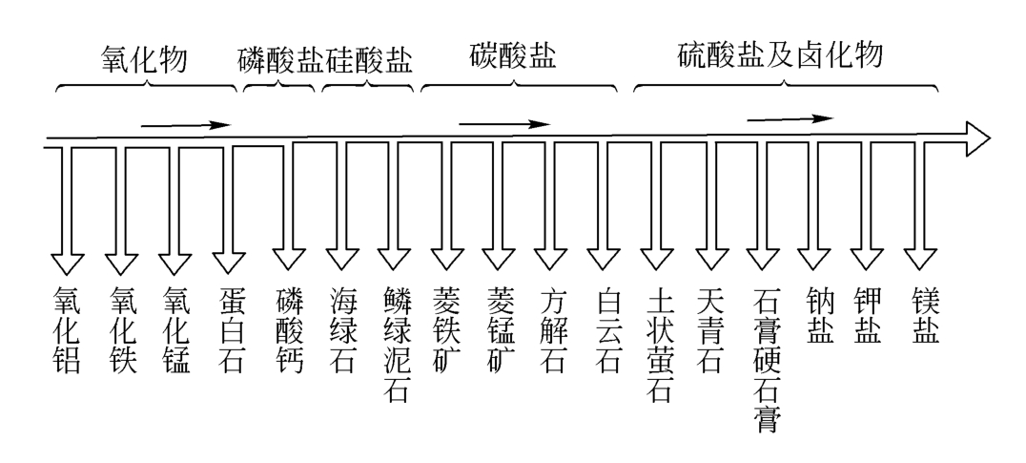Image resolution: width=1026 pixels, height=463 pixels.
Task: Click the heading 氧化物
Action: click(x=144, y=60)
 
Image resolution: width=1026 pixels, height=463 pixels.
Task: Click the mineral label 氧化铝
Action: click(x=68, y=329)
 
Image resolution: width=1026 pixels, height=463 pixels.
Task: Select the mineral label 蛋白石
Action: click(x=229, y=329)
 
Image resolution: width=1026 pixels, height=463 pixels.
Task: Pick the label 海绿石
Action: click(x=342, y=329)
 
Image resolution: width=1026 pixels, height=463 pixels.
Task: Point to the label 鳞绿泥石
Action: click(x=396, y=344)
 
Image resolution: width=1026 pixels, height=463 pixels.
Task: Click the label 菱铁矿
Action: click(x=447, y=329)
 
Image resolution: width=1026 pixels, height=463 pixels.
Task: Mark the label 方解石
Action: click(x=553, y=329)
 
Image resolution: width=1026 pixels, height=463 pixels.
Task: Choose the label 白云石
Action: click(x=607, y=329)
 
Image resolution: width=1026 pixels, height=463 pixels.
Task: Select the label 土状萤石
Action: click(x=660, y=344)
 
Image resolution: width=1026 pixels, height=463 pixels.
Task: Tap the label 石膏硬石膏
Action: click(x=766, y=358)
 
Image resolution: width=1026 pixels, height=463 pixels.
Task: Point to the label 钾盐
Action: click(x=870, y=315)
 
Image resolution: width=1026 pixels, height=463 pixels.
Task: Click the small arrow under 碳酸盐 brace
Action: click(x=504, y=123)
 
